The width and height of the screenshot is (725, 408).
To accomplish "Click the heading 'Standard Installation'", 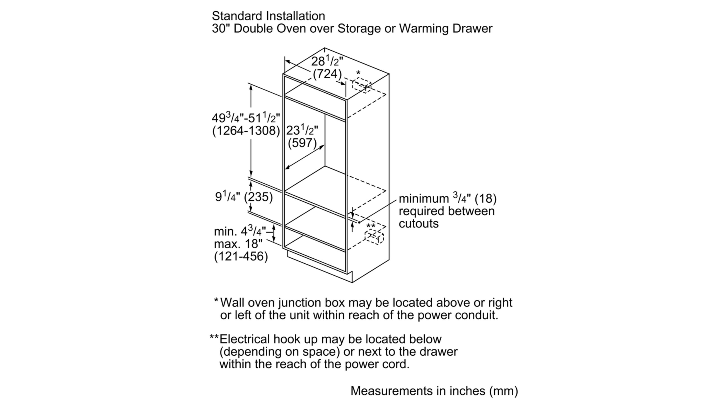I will tap(268, 16).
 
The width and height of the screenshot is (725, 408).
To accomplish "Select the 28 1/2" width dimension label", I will tap(327, 61).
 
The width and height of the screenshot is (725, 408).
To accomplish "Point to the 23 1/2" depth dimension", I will tap(302, 130).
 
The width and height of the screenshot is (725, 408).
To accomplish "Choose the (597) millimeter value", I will tap(302, 143).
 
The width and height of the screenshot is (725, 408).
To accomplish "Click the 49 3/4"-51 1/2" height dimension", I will tap(246, 118).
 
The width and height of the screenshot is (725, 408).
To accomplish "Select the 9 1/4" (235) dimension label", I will tap(244, 197).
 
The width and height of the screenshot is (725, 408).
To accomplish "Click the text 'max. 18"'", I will tap(238, 244).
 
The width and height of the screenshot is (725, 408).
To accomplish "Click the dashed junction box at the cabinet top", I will tap(361, 86).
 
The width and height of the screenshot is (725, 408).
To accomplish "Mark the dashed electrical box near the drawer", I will tap(374, 236).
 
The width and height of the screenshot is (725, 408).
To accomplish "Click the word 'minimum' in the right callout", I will tap(424, 199).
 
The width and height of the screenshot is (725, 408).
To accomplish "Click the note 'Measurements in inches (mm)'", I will tap(434, 391).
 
